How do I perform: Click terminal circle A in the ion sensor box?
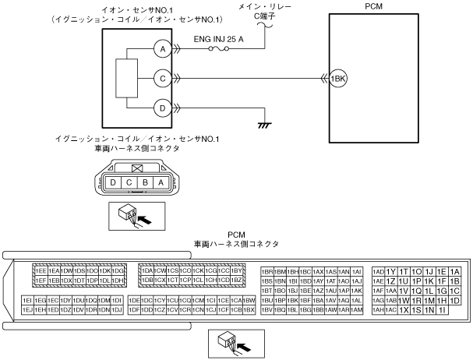pos(163,49)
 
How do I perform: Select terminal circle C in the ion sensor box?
pos(163,79)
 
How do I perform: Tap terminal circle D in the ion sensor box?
pos(163,108)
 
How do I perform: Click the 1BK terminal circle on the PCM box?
pos(337,79)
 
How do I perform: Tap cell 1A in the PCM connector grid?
pos(455,271)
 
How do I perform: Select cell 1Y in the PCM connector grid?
pos(391,271)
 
